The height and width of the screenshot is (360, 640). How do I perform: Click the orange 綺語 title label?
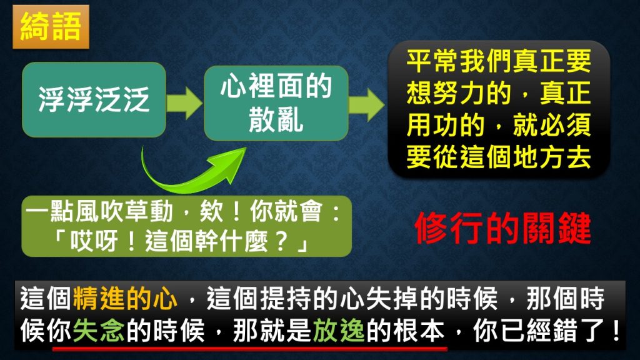pyautogui.click(x=51, y=27)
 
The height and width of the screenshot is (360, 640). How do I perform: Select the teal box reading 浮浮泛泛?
pyautogui.click(x=94, y=99)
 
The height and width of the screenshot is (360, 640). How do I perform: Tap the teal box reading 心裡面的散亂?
pyautogui.click(x=276, y=103)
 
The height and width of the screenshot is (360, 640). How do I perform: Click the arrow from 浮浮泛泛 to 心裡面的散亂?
pyautogui.click(x=184, y=103)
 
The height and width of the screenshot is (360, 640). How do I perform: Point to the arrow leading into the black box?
pyautogui.click(x=366, y=105)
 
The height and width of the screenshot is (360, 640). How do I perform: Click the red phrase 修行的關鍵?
pyautogui.click(x=503, y=228)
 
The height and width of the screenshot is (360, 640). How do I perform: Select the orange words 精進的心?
pyautogui.click(x=126, y=299)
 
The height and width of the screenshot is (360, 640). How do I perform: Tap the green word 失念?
pyautogui.click(x=99, y=330)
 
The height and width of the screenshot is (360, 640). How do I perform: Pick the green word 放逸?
pyautogui.click(x=339, y=330)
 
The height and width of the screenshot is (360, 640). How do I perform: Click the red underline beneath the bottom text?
pyautogui.click(x=250, y=349)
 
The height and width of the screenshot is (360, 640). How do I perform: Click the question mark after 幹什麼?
pyautogui.click(x=282, y=242)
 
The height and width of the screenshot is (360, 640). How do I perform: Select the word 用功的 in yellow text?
pyautogui.click(x=445, y=124)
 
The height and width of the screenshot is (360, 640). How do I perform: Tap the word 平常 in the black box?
pyautogui.click(x=432, y=61)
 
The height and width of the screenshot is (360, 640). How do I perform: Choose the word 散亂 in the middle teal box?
pyautogui.click(x=276, y=119)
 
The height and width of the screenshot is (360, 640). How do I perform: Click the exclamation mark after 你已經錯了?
pyautogui.click(x=616, y=330)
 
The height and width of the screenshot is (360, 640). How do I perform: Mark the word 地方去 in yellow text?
pyautogui.click(x=552, y=157)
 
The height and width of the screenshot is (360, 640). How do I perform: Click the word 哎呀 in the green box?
pyautogui.click(x=94, y=242)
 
